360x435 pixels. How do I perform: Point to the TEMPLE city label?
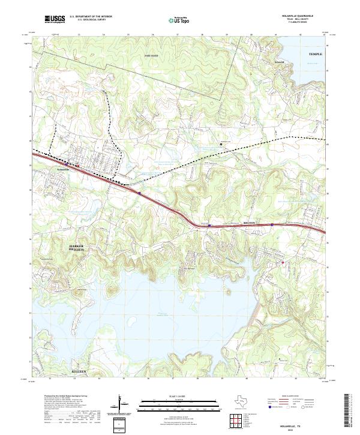(x=315, y=54)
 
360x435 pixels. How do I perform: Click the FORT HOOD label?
(x=150, y=56)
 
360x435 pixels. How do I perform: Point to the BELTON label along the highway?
(x=249, y=223)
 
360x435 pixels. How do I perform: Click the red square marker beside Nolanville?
(x=77, y=165)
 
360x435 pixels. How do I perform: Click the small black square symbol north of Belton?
(x=221, y=143)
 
